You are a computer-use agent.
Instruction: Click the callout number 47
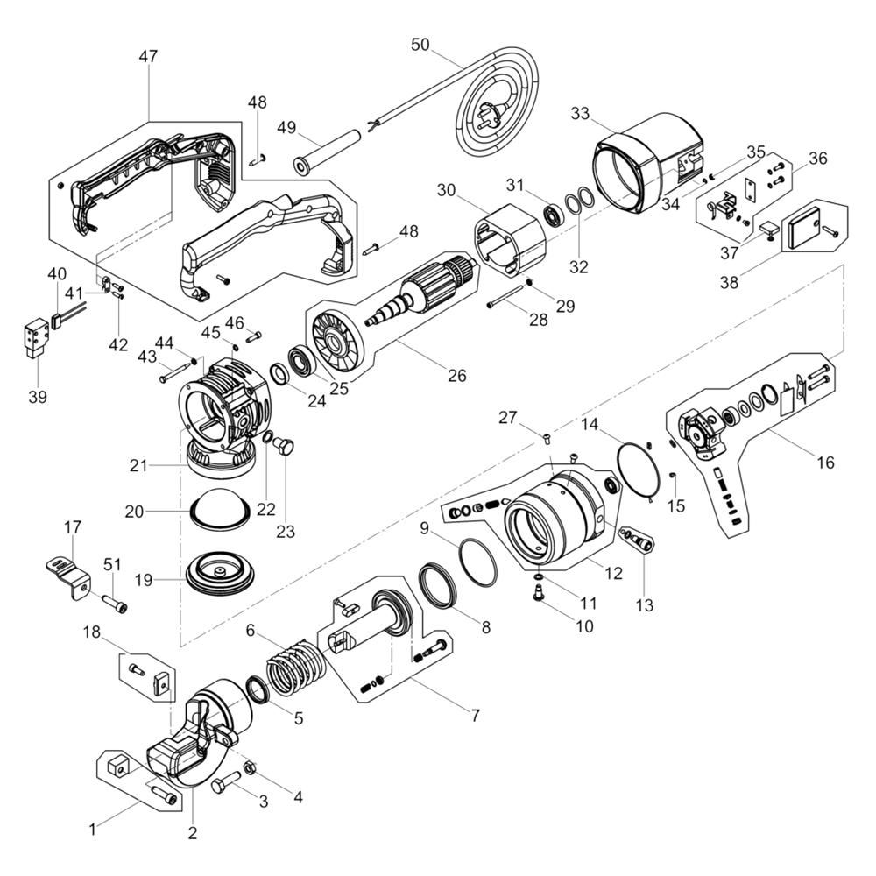tap(148, 56)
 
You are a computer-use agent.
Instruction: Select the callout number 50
tap(420, 44)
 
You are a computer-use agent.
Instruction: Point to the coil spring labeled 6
tap(296, 668)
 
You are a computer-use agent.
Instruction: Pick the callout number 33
tap(580, 113)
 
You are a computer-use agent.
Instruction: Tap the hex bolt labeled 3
tap(226, 781)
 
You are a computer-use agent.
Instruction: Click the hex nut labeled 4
tap(250, 768)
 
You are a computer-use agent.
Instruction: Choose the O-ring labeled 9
tap(477, 562)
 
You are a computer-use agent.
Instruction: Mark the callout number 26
tap(456, 376)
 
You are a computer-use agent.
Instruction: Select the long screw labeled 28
tap(507, 297)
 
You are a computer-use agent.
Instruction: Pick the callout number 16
tap(825, 463)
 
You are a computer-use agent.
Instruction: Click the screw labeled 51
tap(115, 604)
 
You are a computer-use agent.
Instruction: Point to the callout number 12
tap(613, 573)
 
